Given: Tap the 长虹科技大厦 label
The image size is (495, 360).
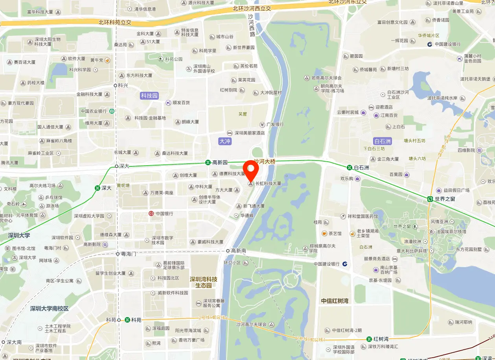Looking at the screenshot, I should click(x=268, y=183).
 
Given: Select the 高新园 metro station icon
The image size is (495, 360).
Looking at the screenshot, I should click(x=208, y=162).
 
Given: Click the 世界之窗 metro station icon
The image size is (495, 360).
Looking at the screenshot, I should click(x=431, y=199).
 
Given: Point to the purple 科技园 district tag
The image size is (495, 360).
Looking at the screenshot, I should click(x=149, y=96).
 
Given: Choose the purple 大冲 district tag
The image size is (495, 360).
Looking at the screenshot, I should click(x=225, y=141).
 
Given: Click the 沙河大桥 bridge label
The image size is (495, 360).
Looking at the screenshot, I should click(x=264, y=161).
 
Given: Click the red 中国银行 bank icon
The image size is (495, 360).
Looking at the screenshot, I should click(x=151, y=214).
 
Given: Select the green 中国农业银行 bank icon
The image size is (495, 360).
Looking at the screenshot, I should click(x=112, y=111).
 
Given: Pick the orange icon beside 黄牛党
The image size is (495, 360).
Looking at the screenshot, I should click(x=107, y=60).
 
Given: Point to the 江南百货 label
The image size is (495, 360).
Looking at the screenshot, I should click(x=389, y=115).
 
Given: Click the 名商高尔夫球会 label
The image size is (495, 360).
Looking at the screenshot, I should click(x=326, y=78).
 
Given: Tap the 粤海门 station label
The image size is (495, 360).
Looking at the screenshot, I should click(x=128, y=254).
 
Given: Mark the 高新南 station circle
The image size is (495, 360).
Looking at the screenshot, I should click(x=228, y=251).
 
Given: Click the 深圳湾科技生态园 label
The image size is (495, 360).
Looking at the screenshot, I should click(x=204, y=282).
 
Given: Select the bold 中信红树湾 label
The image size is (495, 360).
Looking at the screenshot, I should click(x=335, y=301).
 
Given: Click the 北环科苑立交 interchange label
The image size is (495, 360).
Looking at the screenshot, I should click(x=115, y=22).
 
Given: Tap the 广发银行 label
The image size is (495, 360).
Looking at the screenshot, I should click(x=275, y=125).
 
